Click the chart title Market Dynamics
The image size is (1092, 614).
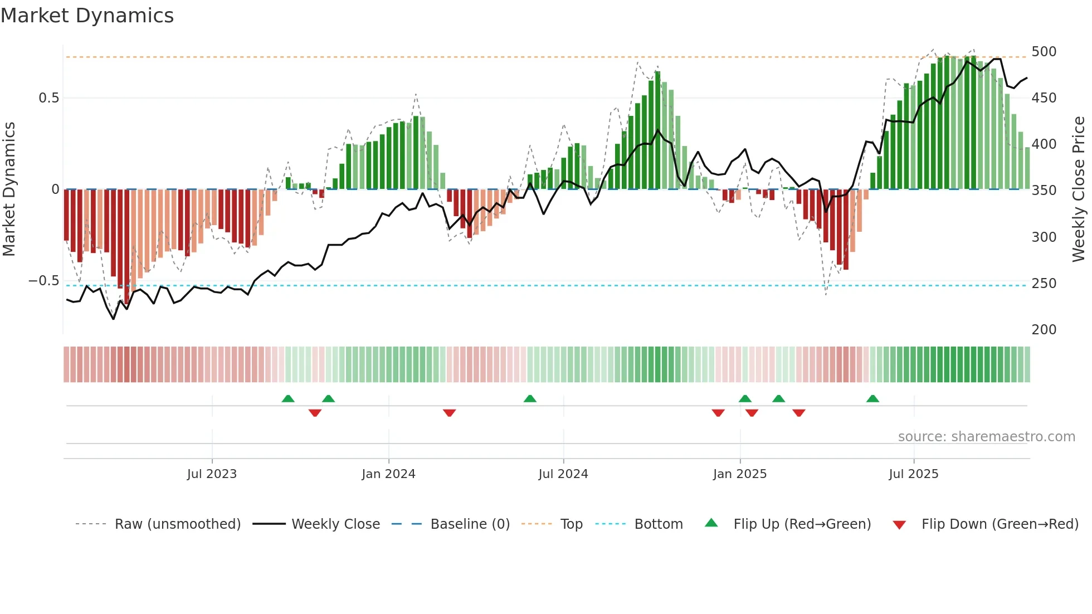pyautogui.click(x=87, y=16)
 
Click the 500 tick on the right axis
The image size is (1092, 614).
pyautogui.click(x=1044, y=52)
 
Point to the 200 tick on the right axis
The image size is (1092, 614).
pyautogui.click(x=1044, y=330)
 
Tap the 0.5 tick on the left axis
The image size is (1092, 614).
pyautogui.click(x=49, y=98)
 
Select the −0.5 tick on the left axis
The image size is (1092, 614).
pyautogui.click(x=44, y=281)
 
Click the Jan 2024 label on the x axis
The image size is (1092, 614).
pyautogui.click(x=388, y=474)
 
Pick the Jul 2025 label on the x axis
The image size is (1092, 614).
pyautogui.click(x=913, y=474)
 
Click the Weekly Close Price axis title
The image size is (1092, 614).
pyautogui.click(x=1079, y=189)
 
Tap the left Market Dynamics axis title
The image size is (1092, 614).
pyautogui.click(x=9, y=189)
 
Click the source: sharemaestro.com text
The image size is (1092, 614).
pyautogui.click(x=986, y=437)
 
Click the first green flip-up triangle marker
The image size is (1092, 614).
pyautogui.click(x=288, y=399)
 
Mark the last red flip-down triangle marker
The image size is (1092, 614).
pyautogui.click(x=799, y=413)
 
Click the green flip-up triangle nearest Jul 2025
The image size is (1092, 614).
pyautogui.click(x=872, y=399)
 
